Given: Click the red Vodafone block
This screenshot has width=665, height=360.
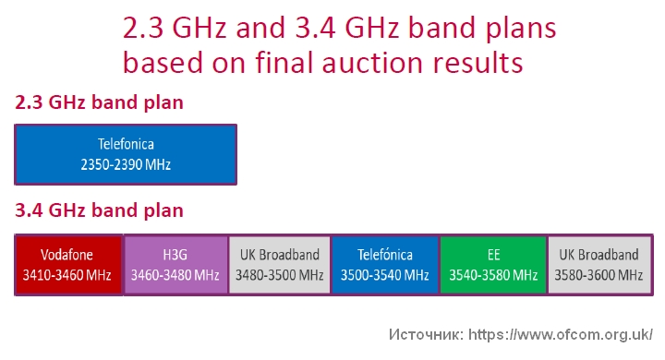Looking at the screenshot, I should [69, 265].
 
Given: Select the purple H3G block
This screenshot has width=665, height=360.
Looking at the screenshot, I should [175, 265].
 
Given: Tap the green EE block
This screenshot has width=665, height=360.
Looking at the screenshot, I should [493, 265].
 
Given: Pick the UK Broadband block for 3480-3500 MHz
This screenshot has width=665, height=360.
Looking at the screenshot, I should [280, 265].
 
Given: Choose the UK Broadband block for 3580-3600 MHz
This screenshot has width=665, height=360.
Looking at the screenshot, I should [598, 265].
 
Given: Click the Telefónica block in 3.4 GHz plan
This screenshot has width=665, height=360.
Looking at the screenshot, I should [385, 265].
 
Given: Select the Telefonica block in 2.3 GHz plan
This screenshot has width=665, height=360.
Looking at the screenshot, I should [126, 154].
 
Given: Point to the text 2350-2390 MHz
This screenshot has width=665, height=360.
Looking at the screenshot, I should [126, 165].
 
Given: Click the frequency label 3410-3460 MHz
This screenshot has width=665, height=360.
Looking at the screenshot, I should [69, 275].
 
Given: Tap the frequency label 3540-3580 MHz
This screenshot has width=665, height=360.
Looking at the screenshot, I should [493, 275].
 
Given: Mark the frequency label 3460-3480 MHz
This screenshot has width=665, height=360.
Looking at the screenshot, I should [175, 275].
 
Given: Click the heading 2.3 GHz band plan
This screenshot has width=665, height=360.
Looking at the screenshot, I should [99, 102].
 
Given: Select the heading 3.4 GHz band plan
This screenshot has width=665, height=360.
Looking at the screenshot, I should [99, 210].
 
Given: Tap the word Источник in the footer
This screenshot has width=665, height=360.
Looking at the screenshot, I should [426, 333].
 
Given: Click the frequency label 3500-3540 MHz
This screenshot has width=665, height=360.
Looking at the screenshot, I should [385, 275].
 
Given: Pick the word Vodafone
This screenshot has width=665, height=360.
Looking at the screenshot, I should [69, 255].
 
